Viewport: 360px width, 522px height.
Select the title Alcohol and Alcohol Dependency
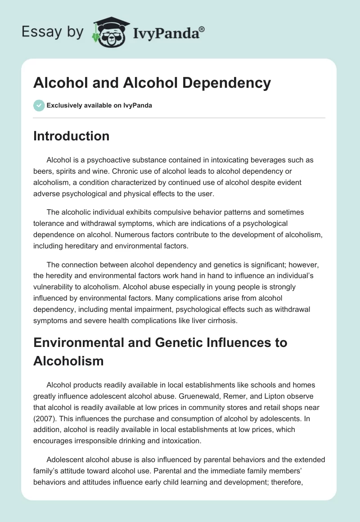coord(152,83)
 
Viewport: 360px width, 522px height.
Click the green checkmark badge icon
coord(38,105)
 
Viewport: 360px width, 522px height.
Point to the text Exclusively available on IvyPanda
coord(99,105)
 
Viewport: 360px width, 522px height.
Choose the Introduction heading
coord(71,136)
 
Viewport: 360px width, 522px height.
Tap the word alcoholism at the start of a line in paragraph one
coord(50,182)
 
